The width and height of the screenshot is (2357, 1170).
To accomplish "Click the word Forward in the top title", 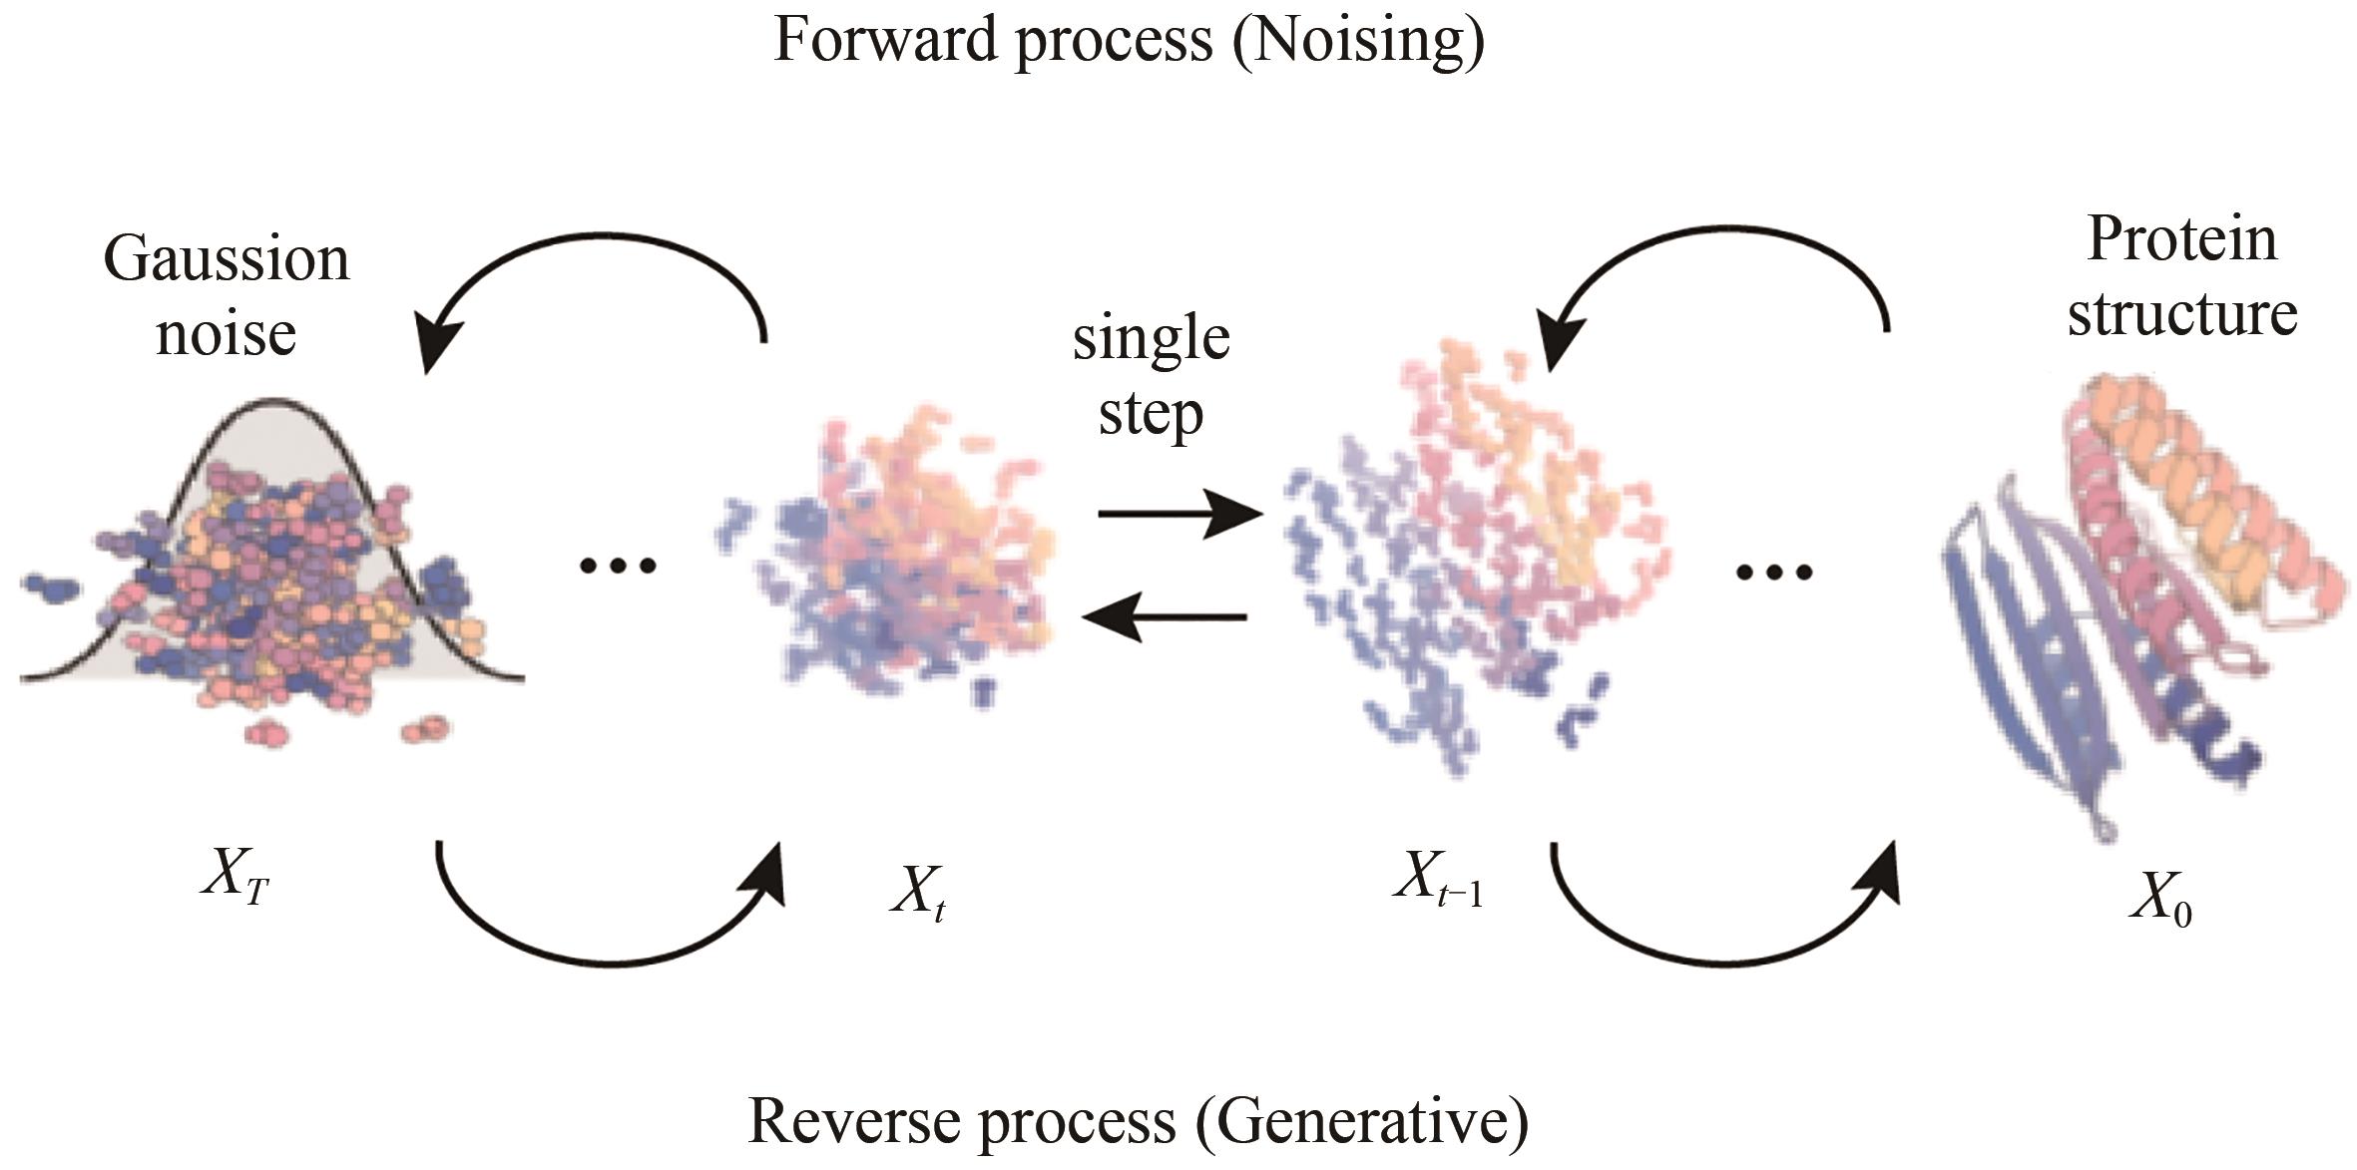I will coord(886,40).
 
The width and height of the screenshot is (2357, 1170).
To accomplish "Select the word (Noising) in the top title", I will coord(1359,42).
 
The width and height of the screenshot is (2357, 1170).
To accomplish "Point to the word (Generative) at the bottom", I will coord(1361,1122).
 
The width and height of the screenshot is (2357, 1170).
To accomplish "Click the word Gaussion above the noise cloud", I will coord(227,259).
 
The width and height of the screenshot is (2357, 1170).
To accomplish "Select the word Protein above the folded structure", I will coord(2181,240).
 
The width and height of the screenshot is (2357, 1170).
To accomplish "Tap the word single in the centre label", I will coord(1151,339).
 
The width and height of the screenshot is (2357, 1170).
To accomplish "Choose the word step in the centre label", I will coord(1151,413).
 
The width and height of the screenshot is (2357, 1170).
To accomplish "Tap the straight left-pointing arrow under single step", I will coord(1165,617).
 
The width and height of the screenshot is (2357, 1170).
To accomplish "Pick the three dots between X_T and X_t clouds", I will coord(618,567).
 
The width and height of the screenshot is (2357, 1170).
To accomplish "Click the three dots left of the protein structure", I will coord(1773,573).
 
